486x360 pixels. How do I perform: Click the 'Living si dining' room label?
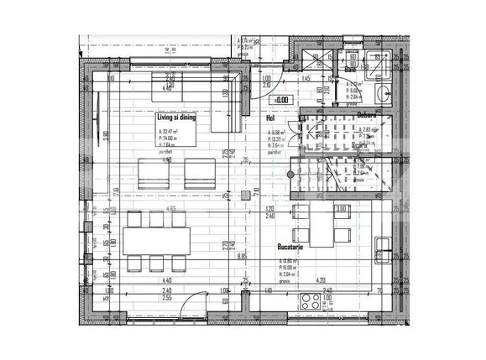click(176, 119)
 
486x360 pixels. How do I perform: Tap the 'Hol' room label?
click(271, 119)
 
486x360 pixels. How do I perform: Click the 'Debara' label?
click(365, 115)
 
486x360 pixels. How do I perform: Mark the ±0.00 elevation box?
click(282, 100)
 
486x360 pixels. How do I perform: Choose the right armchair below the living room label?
click(200, 174)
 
